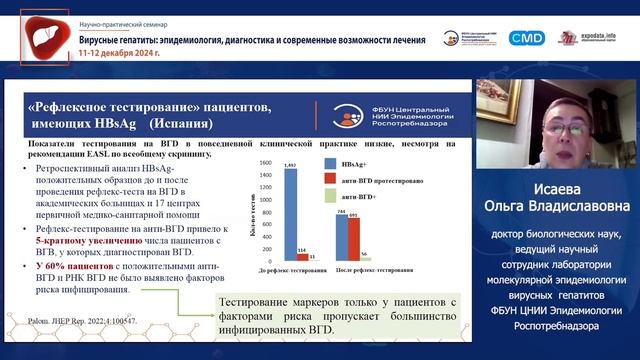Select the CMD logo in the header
tap(525, 37)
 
